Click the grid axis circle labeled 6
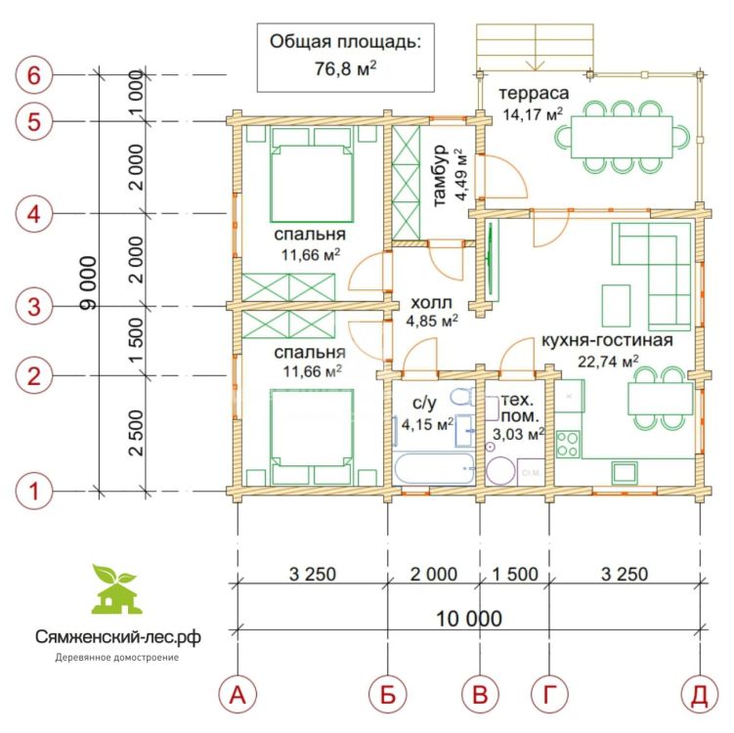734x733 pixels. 33,75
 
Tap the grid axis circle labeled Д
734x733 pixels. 700,695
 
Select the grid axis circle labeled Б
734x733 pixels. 388,695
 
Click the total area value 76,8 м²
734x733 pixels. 345,68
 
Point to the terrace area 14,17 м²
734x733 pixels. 533,113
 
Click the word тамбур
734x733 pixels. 440,176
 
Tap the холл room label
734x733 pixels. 432,303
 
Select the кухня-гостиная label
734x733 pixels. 607,340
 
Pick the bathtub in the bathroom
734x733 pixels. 434,468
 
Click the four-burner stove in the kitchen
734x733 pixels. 568,444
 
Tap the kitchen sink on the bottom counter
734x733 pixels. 625,472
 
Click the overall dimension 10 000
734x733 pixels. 469,619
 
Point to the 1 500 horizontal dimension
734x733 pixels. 515,574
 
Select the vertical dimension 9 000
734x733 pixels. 88,282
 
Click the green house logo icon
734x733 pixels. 116,588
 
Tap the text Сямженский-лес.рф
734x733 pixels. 118,636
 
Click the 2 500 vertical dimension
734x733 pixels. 136,433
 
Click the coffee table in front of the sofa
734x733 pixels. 616,305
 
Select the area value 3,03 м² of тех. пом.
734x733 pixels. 518,434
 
